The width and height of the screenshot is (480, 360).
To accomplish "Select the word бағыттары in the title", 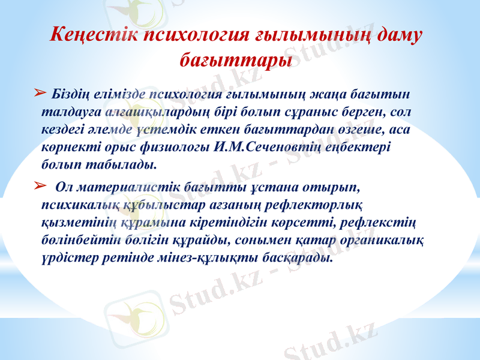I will click(236, 60).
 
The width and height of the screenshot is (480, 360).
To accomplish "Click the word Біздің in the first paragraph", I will click(71, 94).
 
